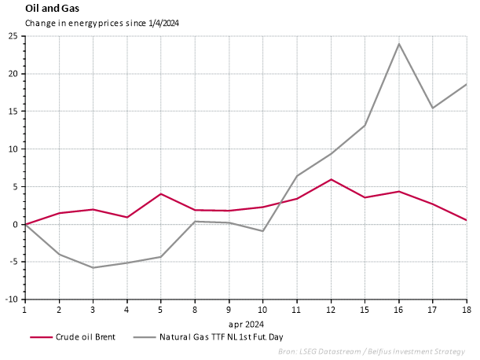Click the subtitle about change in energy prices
point(102,23)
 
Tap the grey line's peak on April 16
point(399,44)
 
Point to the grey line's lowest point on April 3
point(93,268)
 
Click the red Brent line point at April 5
point(161,193)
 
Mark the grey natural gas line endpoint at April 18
point(467,84)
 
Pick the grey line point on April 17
point(433,108)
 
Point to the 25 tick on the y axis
point(13,36)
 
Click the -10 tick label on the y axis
point(12,299)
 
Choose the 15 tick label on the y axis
point(13,112)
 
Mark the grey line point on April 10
point(263,231)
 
